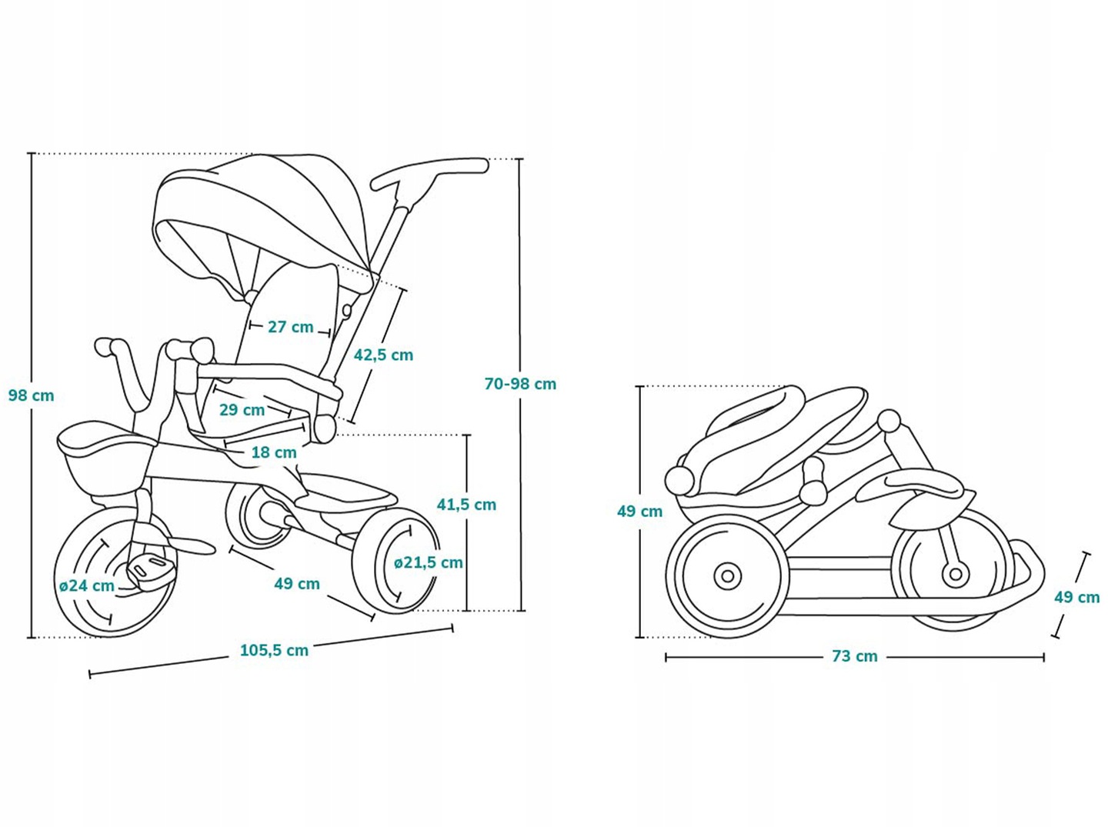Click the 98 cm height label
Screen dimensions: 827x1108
32,395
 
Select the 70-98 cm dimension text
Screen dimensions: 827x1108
520,384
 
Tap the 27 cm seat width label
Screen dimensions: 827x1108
290,327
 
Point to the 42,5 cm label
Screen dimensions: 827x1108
383,355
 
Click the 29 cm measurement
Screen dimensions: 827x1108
242,410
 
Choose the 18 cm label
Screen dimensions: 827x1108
274,452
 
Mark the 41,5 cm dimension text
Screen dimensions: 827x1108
466,505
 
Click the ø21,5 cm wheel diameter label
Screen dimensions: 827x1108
429,562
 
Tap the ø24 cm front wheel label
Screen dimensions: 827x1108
87,585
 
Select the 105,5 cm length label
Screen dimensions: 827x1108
274,650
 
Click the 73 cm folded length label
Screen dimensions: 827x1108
854,656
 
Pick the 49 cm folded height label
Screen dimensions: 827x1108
639,511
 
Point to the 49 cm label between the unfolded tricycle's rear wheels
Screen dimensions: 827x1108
297,584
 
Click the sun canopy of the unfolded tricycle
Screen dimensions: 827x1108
254,208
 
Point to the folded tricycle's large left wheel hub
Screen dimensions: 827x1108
726,576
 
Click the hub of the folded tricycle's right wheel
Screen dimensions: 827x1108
955,573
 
